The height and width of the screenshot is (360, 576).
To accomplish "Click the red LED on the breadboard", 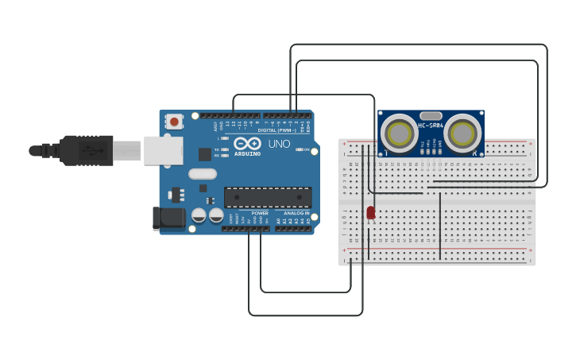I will click(371, 212).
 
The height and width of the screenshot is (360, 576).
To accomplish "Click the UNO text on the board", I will click(279, 144).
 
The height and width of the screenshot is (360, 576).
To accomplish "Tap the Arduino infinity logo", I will click(247, 143).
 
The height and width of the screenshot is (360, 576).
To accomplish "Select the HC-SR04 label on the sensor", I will click(431, 126).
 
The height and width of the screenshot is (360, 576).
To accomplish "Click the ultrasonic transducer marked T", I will click(398, 134).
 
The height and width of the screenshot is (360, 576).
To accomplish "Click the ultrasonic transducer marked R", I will click(463, 134).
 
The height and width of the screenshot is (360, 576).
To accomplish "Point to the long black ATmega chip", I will click(267, 197).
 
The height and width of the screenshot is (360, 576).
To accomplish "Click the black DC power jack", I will click(168, 218).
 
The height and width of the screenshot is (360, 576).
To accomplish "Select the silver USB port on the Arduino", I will click(163, 150).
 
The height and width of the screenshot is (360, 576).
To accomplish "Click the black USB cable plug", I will click(87, 150).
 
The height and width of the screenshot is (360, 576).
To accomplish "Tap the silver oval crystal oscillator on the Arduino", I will click(203, 174).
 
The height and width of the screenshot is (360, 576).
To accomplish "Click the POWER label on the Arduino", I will click(260, 213).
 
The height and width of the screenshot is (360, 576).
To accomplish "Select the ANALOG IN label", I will click(296, 213).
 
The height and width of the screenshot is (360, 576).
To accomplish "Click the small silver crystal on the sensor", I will click(431, 116).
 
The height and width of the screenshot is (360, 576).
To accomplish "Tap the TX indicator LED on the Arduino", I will click(225, 149).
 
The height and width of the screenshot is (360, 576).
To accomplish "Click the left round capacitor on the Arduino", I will click(199, 215).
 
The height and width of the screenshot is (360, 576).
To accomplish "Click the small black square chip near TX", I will click(205, 154).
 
